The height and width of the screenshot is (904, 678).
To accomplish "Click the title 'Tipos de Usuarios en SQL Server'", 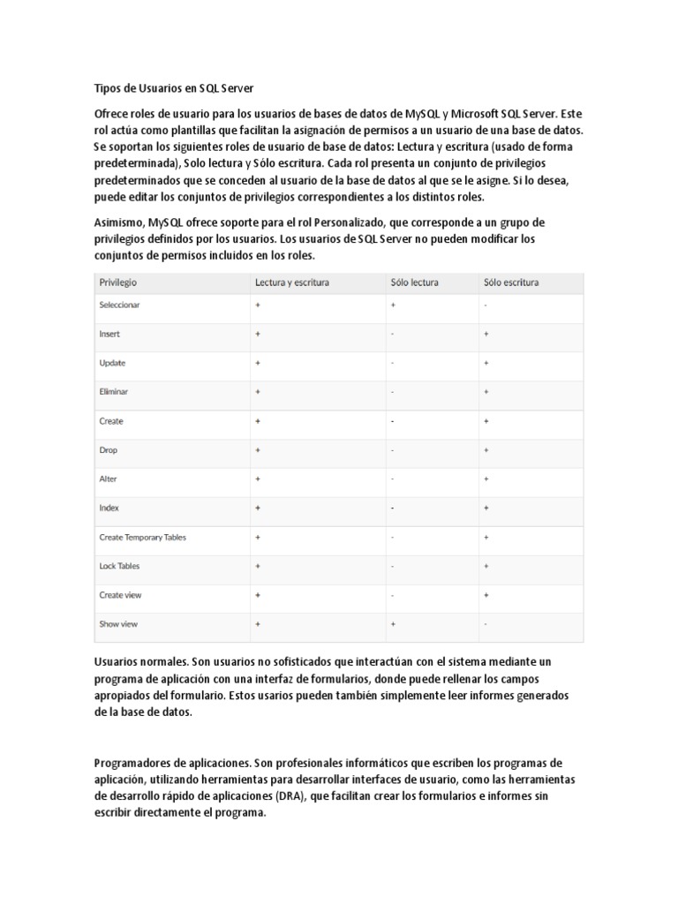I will [173, 88].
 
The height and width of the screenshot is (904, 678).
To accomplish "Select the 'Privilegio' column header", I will [117, 282].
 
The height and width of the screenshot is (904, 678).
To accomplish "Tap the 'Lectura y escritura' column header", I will [292, 282].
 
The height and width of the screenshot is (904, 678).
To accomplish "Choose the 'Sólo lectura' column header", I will [414, 282].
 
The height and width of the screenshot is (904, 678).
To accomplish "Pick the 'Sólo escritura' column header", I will [511, 282].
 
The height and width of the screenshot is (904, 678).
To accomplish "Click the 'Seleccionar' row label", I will [119, 305].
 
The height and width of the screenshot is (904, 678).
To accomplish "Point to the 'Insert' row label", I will [109, 334].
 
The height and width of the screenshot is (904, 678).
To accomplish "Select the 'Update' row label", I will [112, 363].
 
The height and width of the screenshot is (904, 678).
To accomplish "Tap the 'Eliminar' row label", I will [114, 391].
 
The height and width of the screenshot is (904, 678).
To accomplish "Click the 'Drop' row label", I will [108, 450].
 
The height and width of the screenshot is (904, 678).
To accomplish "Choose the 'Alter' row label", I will [108, 478].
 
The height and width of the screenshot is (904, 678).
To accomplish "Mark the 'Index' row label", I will [109, 508].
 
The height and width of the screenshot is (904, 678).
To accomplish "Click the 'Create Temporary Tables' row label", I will [142, 537].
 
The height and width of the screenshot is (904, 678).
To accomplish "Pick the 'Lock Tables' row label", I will [119, 566].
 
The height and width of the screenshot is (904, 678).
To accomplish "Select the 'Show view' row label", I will [117, 624].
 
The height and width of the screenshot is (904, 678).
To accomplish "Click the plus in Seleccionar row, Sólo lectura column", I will [393, 305].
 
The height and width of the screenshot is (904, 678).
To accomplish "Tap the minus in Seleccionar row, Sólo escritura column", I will [486, 305].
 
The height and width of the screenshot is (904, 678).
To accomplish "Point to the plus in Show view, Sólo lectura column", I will [393, 624].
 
